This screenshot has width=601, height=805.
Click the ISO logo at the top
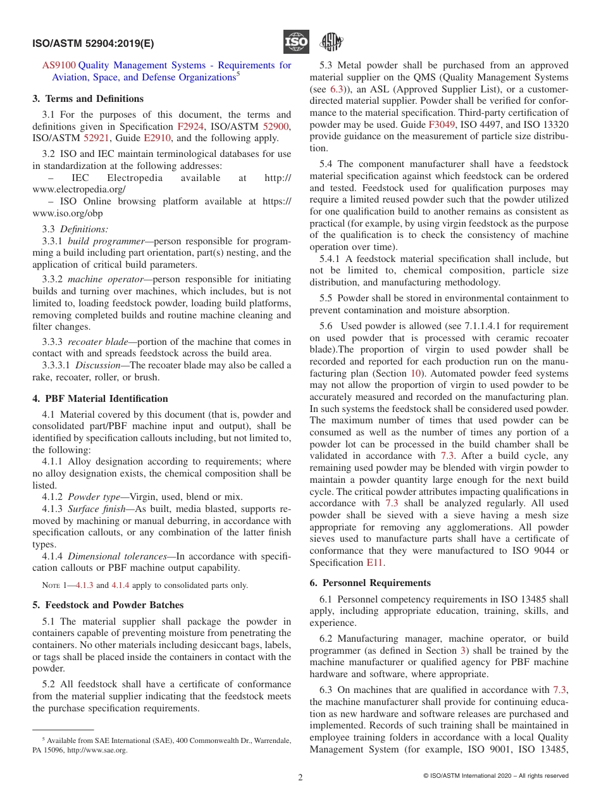point(296,42)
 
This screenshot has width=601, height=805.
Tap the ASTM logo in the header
point(331,42)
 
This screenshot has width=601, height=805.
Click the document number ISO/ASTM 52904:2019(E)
point(93,44)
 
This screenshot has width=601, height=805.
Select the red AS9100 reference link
point(59,65)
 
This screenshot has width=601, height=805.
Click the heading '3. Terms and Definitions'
point(88,99)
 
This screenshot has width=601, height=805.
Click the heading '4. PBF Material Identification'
point(100,399)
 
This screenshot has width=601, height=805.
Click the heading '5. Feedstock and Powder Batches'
point(108,605)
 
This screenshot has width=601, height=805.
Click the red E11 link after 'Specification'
point(375,563)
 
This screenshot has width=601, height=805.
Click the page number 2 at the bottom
point(300,778)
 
